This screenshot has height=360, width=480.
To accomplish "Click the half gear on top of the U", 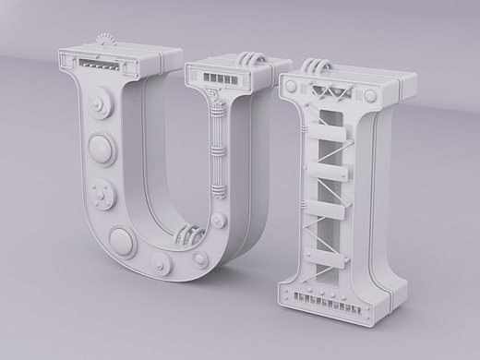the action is click(106, 40).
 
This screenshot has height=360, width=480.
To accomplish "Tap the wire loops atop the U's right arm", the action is click(252, 58).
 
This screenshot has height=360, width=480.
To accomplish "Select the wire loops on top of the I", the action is click(316, 66).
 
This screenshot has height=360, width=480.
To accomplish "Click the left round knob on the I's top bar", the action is click(291, 87).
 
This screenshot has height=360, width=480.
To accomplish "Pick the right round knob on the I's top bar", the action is click(370, 95).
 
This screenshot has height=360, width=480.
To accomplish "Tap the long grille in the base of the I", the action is click(327, 303).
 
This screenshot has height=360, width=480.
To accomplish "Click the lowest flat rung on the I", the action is click(325, 257).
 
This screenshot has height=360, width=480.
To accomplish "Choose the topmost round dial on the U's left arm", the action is click(100, 101).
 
